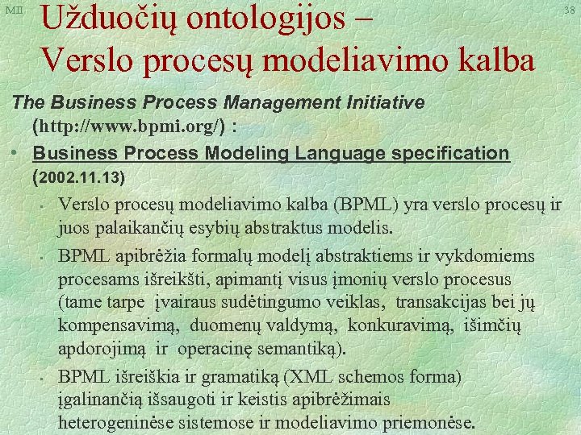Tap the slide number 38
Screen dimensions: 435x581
click(x=570, y=10)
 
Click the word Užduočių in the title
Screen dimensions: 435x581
click(x=106, y=21)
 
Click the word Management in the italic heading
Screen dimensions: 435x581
click(x=267, y=103)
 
